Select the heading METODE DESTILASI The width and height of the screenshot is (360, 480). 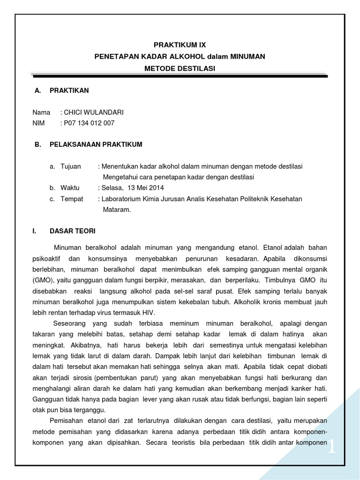180,68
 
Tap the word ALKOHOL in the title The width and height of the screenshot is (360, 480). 183,56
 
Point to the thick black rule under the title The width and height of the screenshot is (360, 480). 180,76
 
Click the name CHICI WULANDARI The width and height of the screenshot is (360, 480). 94,112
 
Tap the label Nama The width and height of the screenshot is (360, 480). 41,112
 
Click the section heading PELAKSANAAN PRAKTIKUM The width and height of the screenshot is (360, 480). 96,144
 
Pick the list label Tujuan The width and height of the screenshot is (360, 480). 71,166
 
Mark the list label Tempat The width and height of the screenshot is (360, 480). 72,199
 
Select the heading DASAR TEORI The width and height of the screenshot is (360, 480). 72,231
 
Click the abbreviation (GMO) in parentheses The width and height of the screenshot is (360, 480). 43,280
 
